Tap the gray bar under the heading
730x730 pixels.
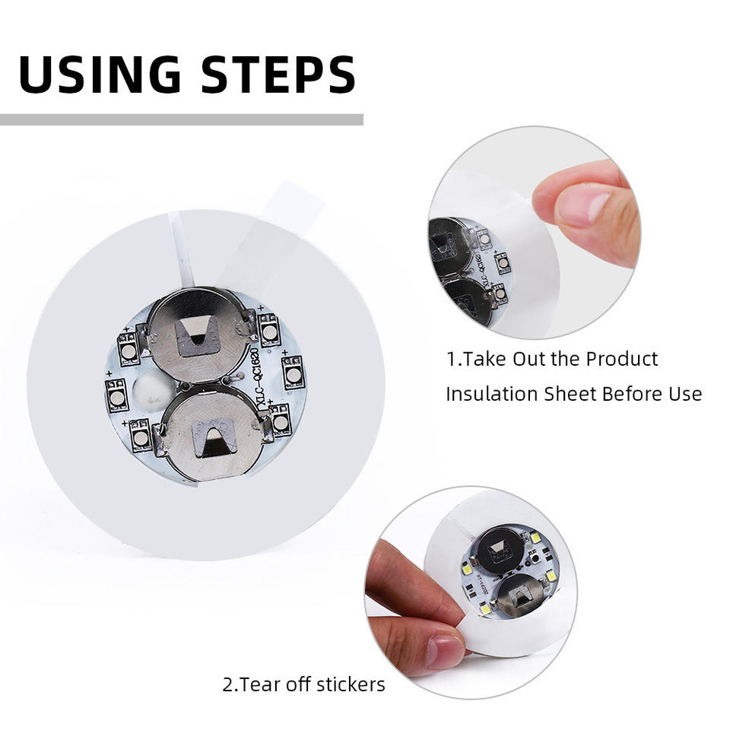(182, 119)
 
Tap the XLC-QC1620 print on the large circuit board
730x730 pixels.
(261, 378)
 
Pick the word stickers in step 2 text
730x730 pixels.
(351, 684)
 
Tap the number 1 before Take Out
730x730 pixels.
(451, 359)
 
